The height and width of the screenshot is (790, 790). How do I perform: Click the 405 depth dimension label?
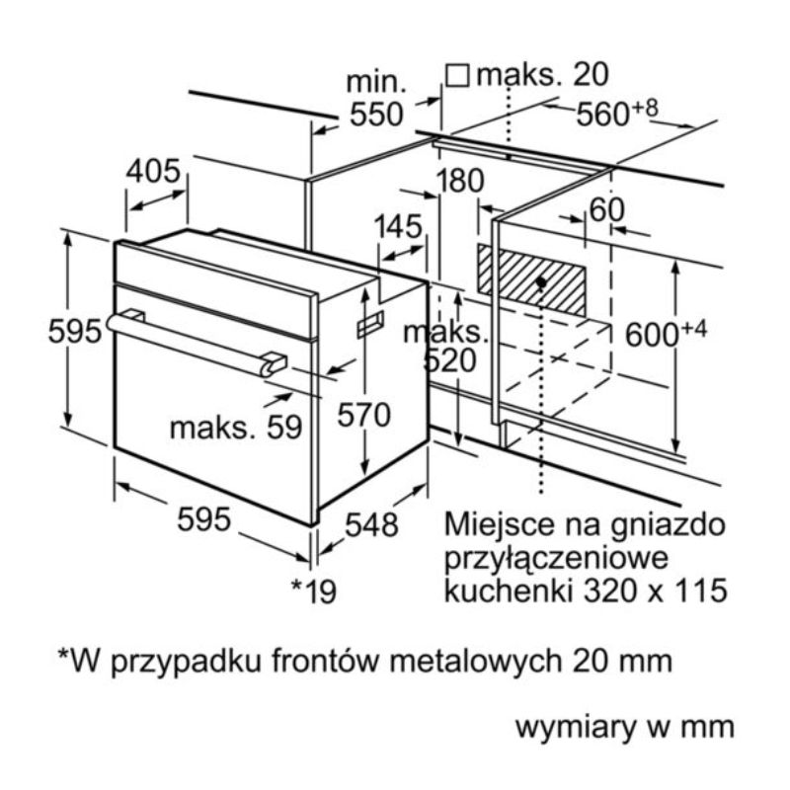[x=153, y=172]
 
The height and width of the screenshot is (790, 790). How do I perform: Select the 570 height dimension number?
[x=364, y=416]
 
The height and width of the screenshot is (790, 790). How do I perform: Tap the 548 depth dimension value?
[x=371, y=525]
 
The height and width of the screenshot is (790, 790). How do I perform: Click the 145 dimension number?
[x=398, y=226]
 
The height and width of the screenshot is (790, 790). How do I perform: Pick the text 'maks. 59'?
[x=235, y=427]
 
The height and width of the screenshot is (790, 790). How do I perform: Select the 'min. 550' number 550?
[x=376, y=115]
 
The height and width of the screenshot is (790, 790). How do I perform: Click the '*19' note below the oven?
[x=314, y=591]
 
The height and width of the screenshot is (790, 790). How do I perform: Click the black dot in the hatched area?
[x=542, y=282]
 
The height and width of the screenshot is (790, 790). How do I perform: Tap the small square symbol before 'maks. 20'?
[x=456, y=74]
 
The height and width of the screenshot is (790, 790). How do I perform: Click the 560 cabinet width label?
[x=608, y=115]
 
